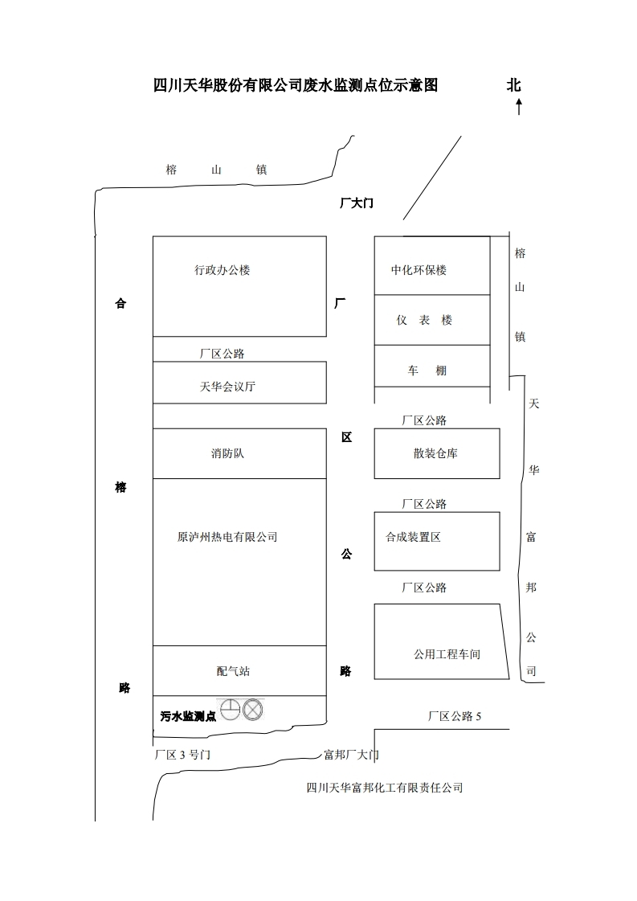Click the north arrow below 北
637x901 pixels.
tap(519, 106)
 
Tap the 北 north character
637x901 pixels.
tap(514, 86)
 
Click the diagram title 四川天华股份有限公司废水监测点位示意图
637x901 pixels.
tap(296, 86)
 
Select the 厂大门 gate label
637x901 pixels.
tap(356, 203)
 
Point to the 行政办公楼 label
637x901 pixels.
tap(222, 270)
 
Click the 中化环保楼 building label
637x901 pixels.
tap(419, 270)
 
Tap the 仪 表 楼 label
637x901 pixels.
tap(424, 320)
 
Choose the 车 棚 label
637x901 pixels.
tap(427, 371)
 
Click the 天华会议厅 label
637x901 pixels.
tap(227, 387)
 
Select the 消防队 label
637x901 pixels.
tap(227, 453)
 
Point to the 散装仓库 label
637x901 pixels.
tap(435, 453)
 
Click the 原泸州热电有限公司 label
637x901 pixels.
tap(227, 537)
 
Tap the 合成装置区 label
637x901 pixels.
tap(413, 537)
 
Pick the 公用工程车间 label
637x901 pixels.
tap(447, 654)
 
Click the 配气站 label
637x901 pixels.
tap(233, 671)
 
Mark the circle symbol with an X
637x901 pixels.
tap(254, 710)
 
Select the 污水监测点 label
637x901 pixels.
tap(188, 716)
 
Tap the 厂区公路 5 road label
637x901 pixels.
tap(454, 716)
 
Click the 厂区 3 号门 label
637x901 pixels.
tap(182, 755)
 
